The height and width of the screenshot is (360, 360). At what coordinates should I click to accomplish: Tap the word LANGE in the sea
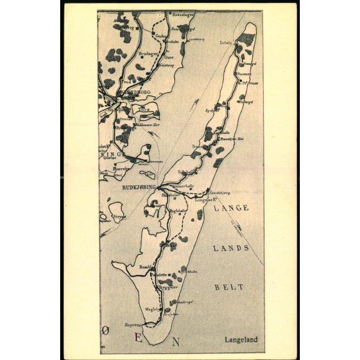[x=231, y=208]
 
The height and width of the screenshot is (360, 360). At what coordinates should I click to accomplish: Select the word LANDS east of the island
[x=231, y=248]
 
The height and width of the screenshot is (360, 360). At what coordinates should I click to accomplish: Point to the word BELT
[x=229, y=287]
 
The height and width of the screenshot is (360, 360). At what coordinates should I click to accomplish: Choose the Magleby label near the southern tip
[x=153, y=307]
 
